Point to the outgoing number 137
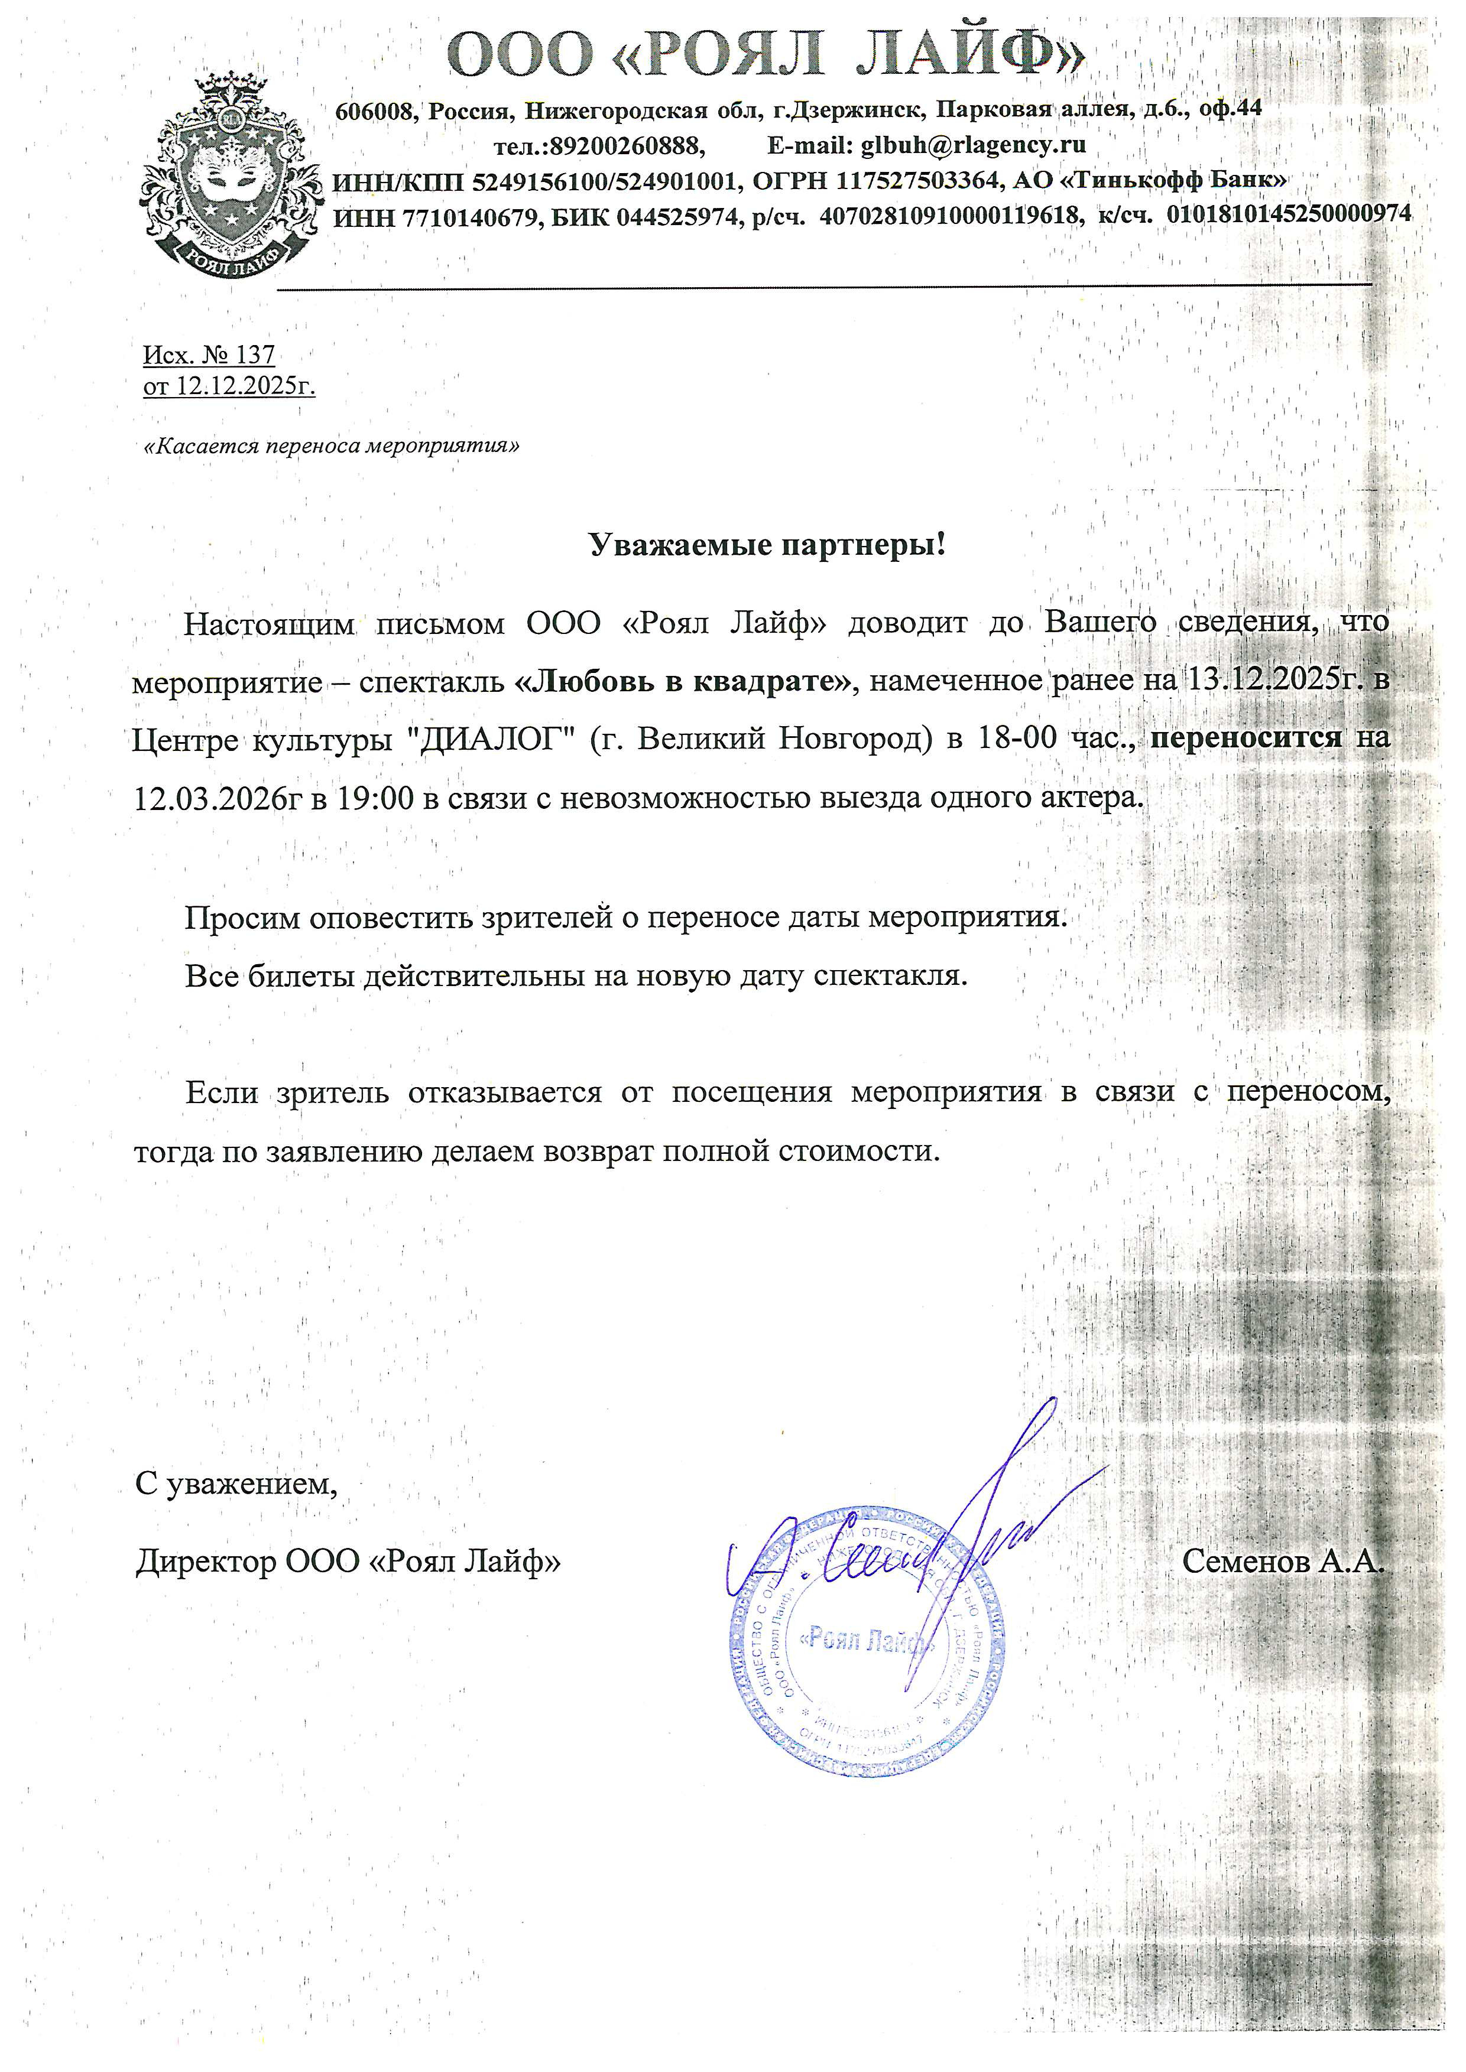255,354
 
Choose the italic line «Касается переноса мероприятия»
332,446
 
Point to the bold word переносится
1247,738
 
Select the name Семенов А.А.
1282,1560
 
